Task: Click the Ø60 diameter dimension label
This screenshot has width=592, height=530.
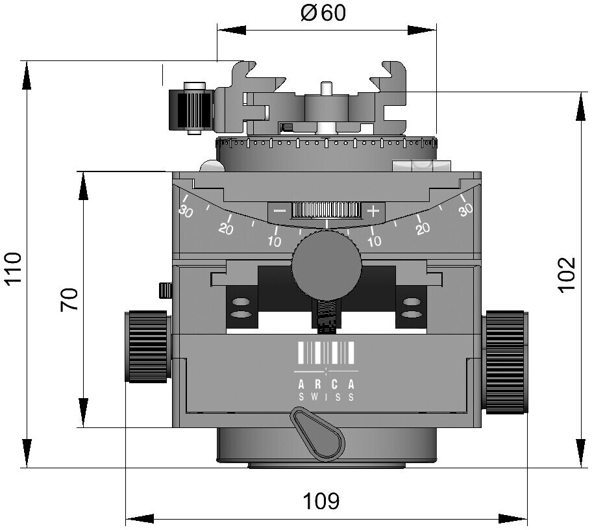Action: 323,13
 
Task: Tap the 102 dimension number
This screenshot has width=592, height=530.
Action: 567,274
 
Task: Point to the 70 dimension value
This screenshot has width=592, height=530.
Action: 69,299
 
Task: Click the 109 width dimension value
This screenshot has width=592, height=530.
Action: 322,501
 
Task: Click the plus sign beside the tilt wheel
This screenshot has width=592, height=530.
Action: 373,211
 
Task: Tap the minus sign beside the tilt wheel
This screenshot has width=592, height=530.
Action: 280,210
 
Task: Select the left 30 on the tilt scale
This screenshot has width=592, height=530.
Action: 186,211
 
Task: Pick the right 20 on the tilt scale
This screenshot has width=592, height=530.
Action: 423,228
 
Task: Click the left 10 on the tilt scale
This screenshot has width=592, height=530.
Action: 275,241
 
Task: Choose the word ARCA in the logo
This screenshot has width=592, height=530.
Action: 327,385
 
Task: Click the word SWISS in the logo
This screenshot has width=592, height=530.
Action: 327,397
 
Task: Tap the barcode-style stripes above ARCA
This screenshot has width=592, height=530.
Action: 327,353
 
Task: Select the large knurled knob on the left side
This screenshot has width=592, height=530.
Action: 147,346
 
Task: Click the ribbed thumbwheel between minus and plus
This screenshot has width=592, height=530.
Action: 327,210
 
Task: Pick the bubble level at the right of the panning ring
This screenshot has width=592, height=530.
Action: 422,166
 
